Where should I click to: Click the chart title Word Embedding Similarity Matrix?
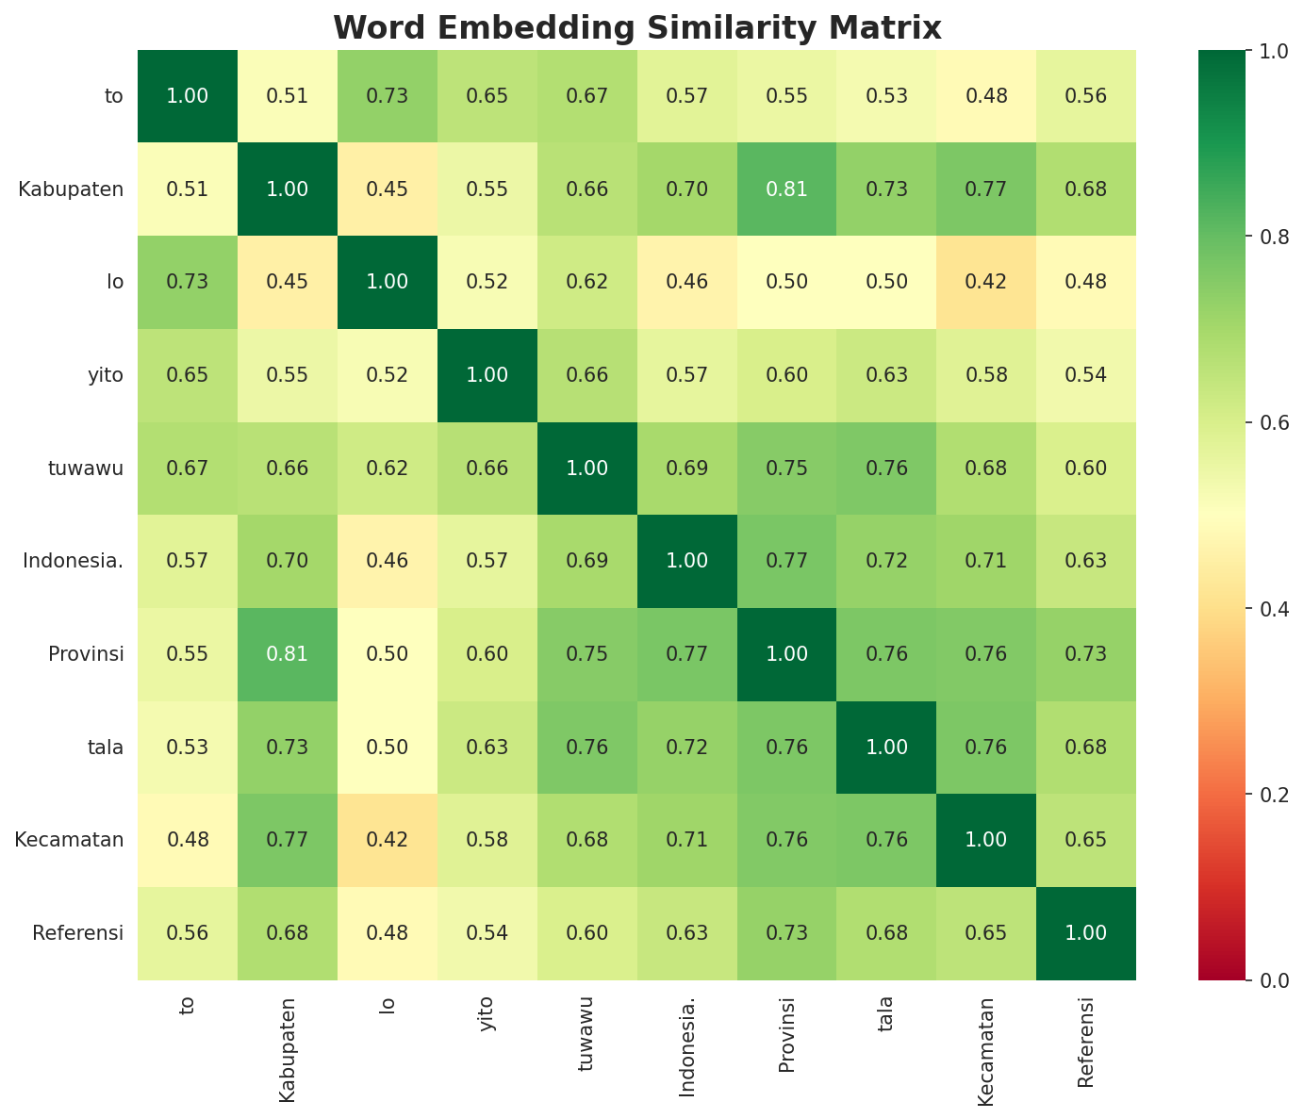pyautogui.click(x=637, y=27)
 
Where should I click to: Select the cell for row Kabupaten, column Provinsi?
pyautogui.click(x=786, y=189)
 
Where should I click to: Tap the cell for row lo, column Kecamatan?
pyautogui.click(x=986, y=282)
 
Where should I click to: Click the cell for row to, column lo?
pyautogui.click(x=388, y=96)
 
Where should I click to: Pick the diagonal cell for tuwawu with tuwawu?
pyautogui.click(x=587, y=469)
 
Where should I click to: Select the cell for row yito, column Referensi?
pyautogui.click(x=1086, y=375)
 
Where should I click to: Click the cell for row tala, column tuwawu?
pyautogui.click(x=587, y=748)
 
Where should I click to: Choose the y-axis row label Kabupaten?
pyautogui.click(x=71, y=189)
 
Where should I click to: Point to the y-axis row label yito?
pyautogui.click(x=105, y=375)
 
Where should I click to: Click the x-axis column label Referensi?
pyautogui.click(x=1086, y=1042)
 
